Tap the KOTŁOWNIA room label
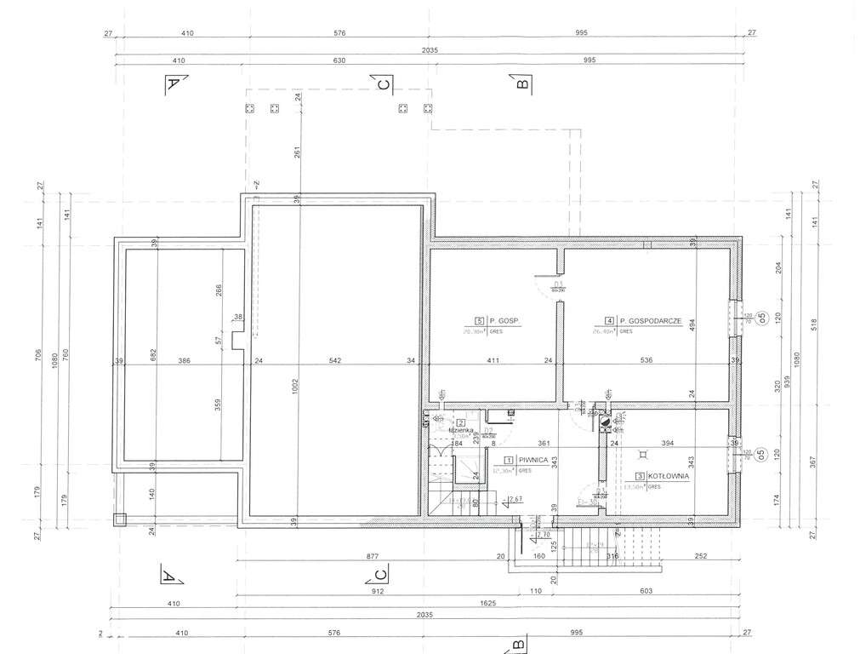(669, 477)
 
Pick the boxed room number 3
(638, 477)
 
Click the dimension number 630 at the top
(340, 60)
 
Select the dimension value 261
(299, 152)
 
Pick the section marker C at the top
(384, 83)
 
